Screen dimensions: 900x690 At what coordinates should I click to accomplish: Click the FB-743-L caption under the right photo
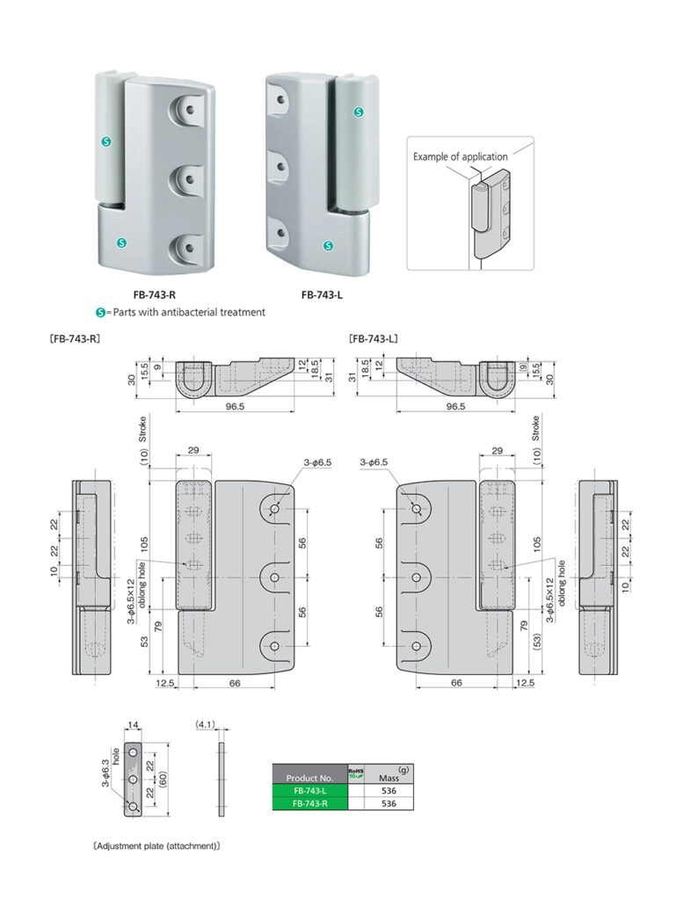pos(322,295)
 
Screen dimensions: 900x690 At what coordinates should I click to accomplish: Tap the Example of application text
pos(461,156)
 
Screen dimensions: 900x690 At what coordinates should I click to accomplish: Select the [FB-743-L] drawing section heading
pos(375,337)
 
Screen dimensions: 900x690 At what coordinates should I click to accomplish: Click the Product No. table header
pos(309,778)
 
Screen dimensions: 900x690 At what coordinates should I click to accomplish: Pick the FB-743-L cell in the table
pos(309,790)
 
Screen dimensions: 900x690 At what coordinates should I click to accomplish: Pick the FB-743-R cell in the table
pos(309,802)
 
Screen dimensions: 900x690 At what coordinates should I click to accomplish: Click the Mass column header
pos(389,777)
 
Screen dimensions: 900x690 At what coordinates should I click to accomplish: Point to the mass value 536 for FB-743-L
pos(389,790)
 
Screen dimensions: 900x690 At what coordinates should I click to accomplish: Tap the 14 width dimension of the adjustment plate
pos(134,725)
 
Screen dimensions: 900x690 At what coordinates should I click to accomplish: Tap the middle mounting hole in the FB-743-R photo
pos(188,178)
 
